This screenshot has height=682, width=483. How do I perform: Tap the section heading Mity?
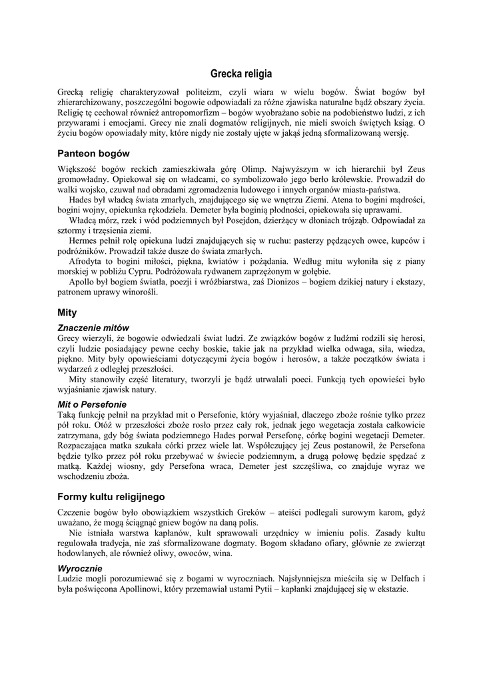[x=67, y=312]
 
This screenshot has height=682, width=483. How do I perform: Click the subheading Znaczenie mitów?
[x=93, y=328]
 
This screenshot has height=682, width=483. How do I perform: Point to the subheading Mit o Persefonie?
[x=92, y=404]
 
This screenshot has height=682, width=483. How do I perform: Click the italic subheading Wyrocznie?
[x=80, y=568]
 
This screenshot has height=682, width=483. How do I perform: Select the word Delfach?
[x=402, y=579]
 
